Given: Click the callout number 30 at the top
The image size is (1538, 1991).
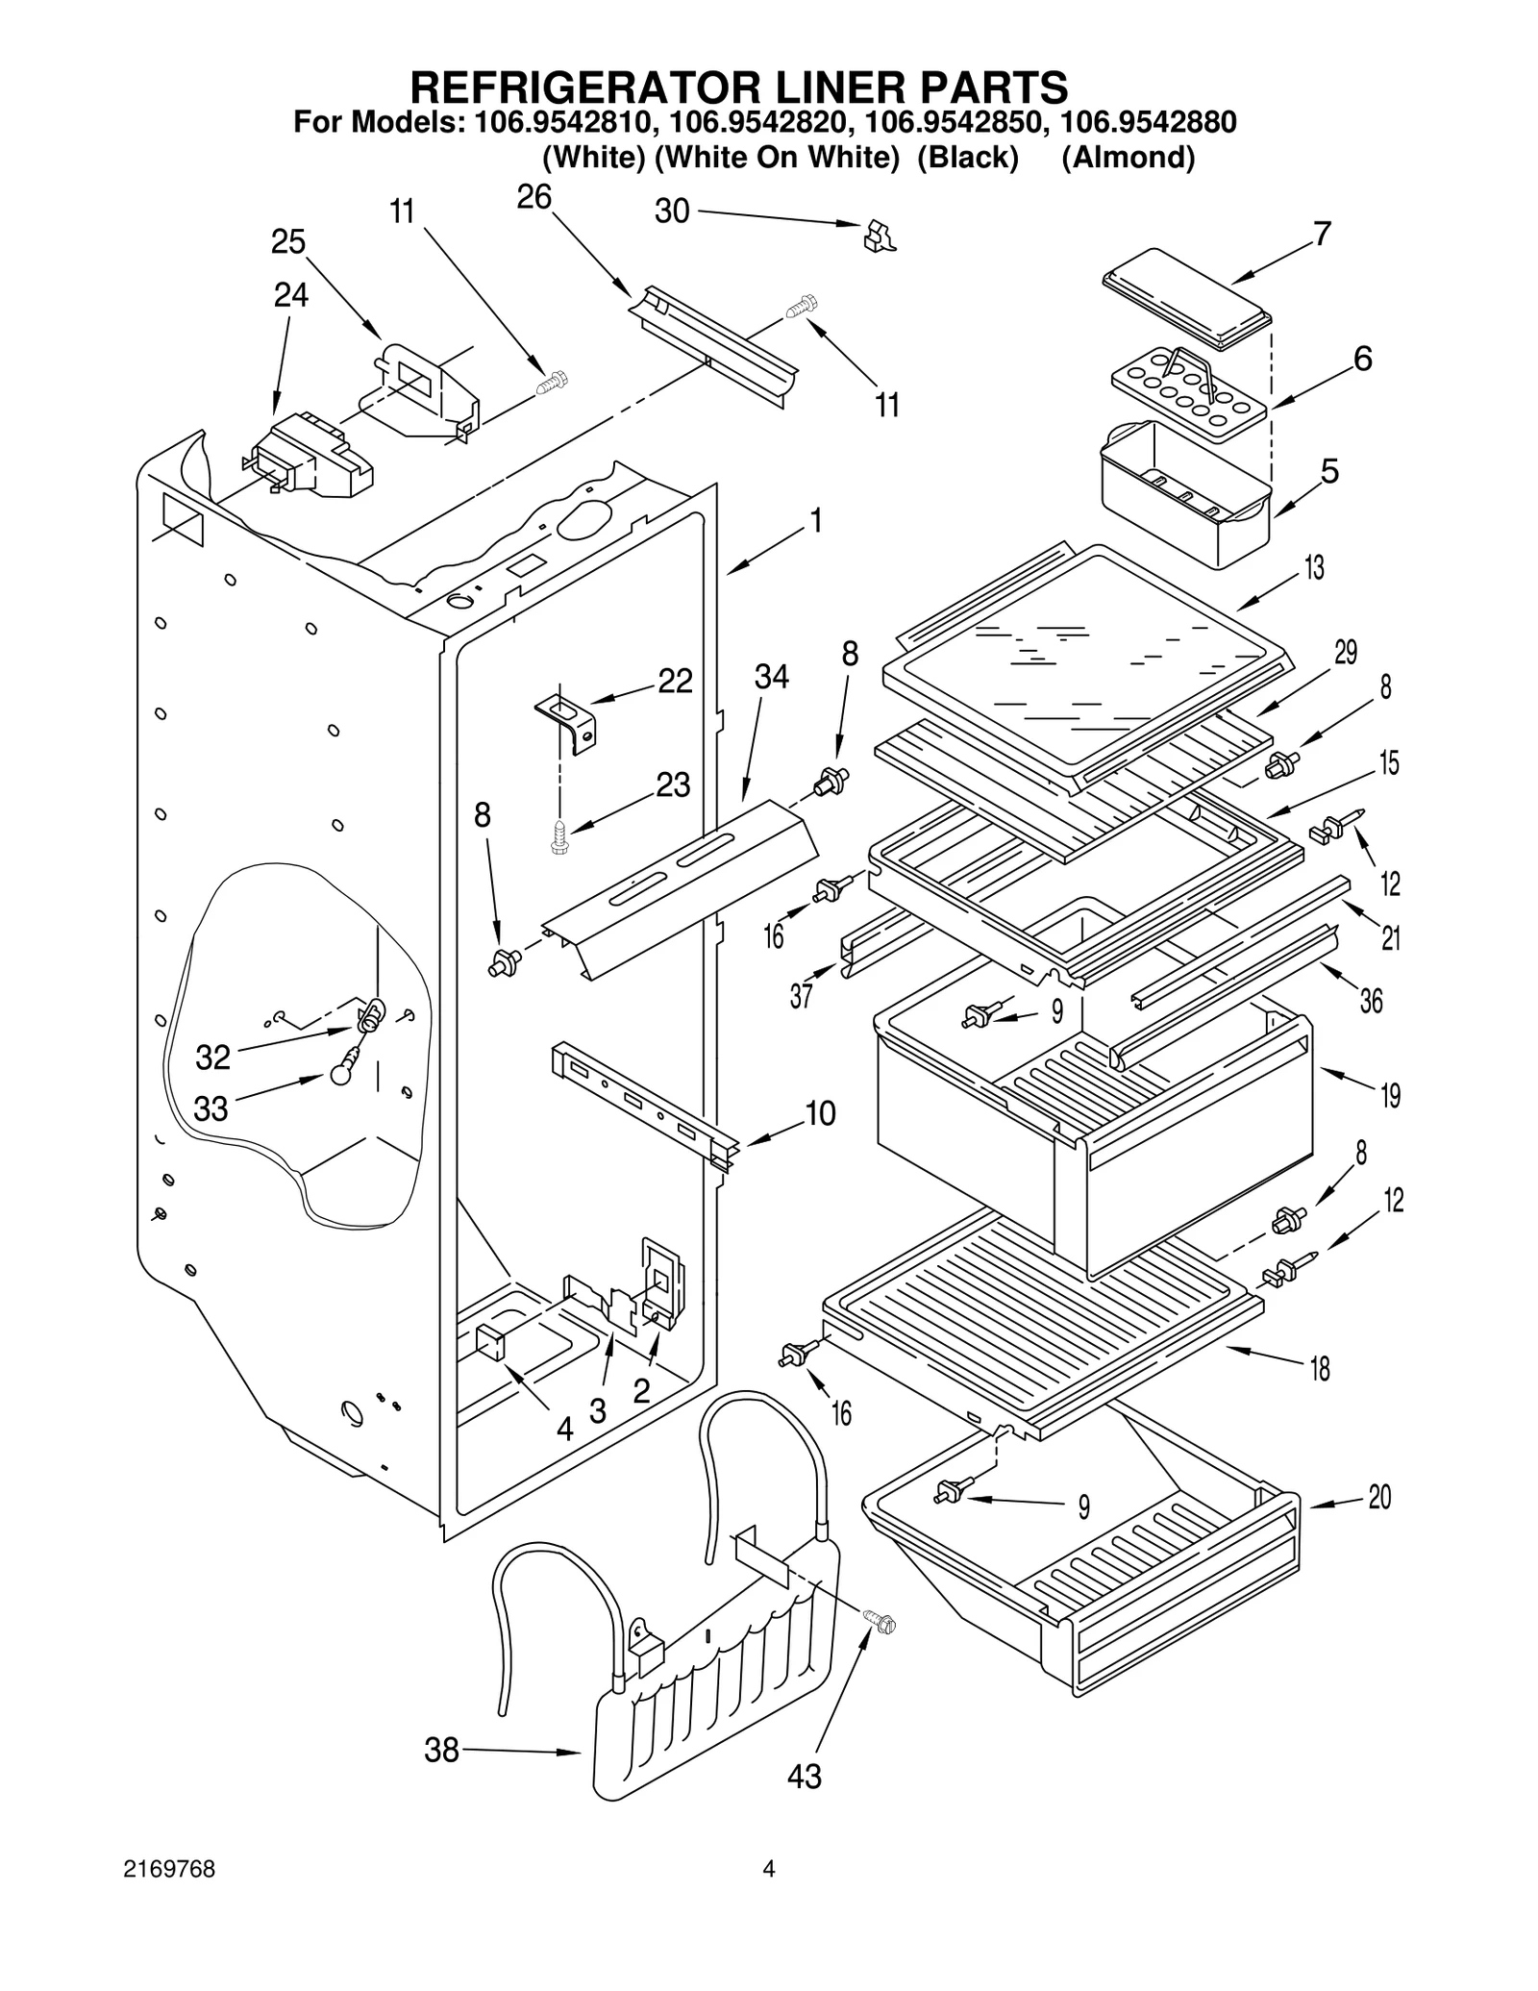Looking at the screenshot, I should pyautogui.click(x=672, y=211).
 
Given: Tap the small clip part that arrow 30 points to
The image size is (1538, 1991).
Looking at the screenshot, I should pyautogui.click(x=879, y=236).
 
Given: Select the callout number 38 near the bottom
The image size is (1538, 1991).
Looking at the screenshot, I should pyautogui.click(x=442, y=1751).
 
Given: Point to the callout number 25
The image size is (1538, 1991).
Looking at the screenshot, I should pyautogui.click(x=288, y=241).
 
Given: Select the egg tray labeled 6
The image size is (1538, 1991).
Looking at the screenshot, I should pyautogui.click(x=1188, y=391).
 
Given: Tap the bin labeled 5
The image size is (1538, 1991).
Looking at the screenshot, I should pyautogui.click(x=1184, y=492).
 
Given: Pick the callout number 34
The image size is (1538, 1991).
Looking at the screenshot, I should pyautogui.click(x=771, y=677).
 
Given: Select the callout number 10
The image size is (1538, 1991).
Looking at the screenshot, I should pyautogui.click(x=820, y=1113).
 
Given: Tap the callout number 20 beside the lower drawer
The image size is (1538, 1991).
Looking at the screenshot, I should pyautogui.click(x=1379, y=1497).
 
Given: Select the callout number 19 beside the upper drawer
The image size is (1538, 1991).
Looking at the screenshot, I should pyautogui.click(x=1390, y=1095).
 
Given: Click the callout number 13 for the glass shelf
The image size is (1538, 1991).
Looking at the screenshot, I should pyautogui.click(x=1314, y=568).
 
